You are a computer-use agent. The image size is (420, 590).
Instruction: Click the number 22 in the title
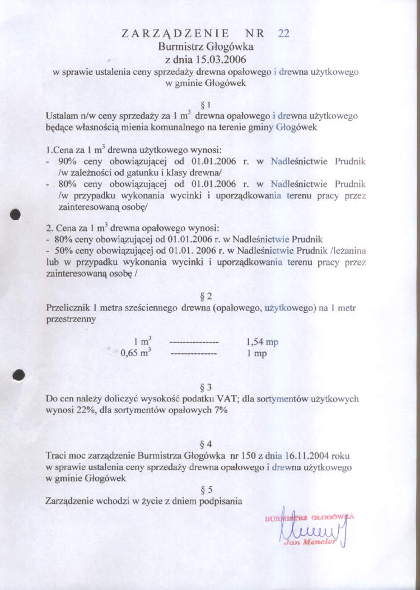click(x=283, y=34)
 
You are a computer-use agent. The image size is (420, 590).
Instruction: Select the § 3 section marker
click(x=206, y=387)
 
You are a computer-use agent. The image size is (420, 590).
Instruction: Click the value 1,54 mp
click(x=262, y=342)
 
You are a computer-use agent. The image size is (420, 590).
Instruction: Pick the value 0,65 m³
click(x=137, y=353)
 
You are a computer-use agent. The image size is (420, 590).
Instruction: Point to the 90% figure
click(x=67, y=161)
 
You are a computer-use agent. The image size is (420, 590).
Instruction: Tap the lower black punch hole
click(x=18, y=374)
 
